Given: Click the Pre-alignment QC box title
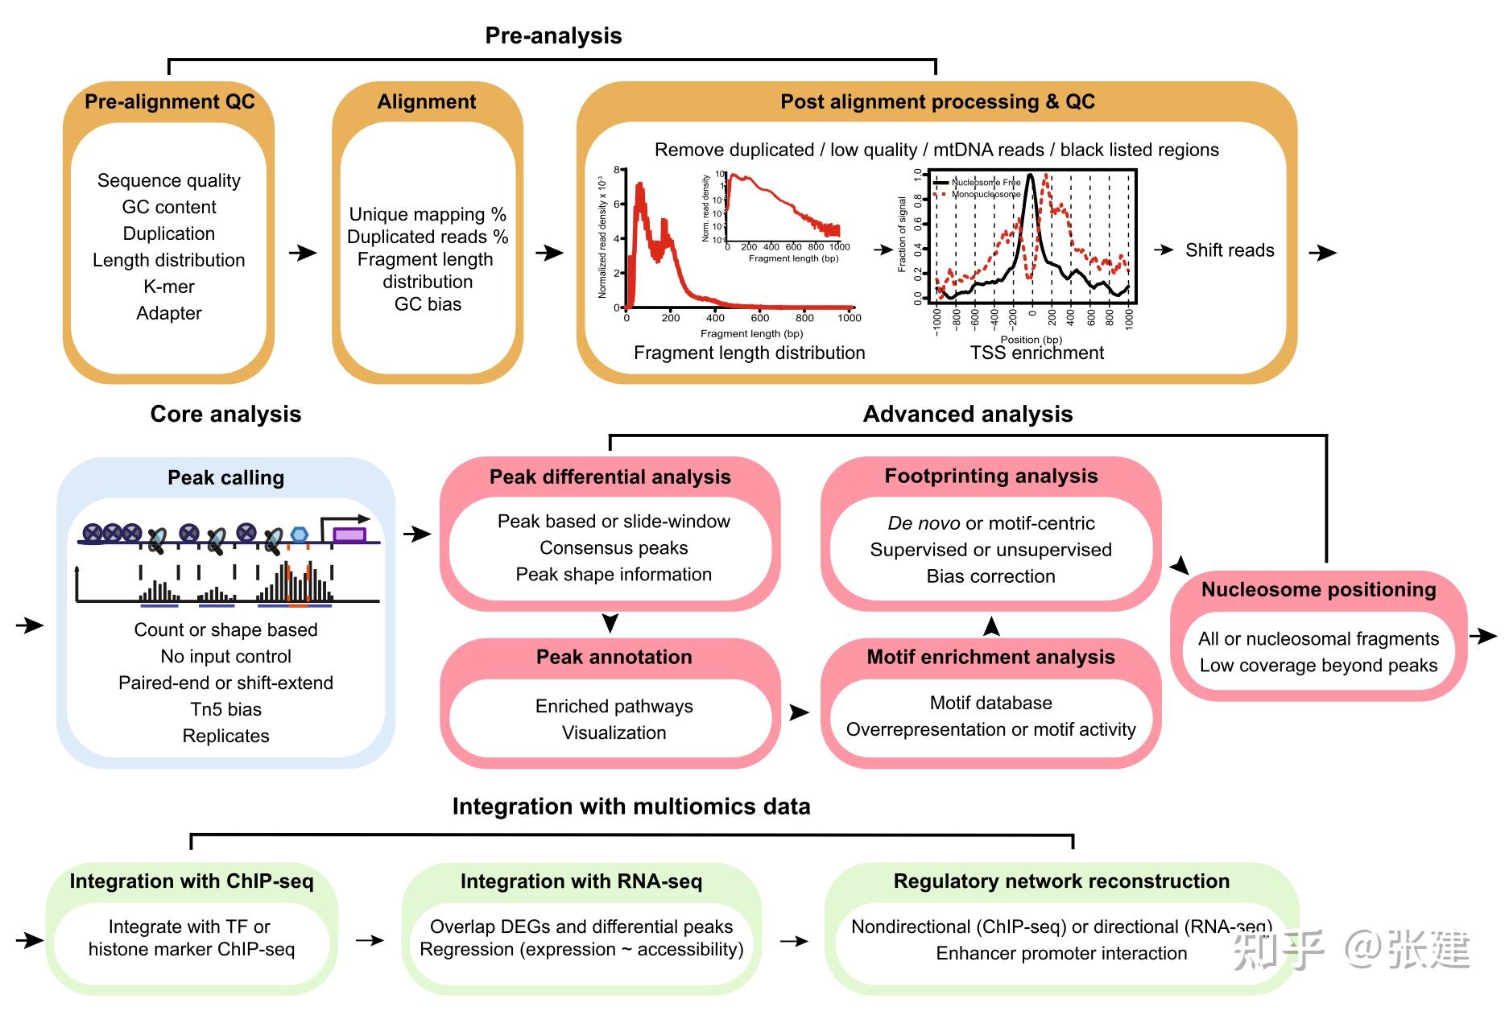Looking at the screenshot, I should tap(169, 102).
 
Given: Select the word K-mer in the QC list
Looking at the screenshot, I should tap(169, 287).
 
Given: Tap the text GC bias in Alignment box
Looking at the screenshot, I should tap(428, 304).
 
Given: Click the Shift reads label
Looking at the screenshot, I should tap(1229, 250).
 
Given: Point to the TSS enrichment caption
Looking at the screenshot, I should tap(1036, 353).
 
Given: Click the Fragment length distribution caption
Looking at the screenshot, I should tap(749, 353).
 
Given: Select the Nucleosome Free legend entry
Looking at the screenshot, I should tap(985, 183).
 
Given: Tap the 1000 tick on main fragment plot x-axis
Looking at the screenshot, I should tap(849, 318).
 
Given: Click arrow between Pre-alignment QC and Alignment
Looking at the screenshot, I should tap(303, 253).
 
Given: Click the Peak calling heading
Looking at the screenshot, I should tap(225, 478).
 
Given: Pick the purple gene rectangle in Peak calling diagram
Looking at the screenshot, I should tap(349, 534).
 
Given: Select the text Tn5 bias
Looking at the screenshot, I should tap(225, 709).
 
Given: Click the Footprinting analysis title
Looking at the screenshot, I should tap(990, 477).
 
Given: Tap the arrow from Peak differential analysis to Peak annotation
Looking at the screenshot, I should tap(610, 622).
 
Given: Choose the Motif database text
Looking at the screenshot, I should tap(990, 703).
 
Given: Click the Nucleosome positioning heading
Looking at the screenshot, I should tap(1318, 590).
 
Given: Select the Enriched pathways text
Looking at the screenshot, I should tap(614, 706).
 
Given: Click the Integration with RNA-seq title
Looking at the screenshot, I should tap(581, 881).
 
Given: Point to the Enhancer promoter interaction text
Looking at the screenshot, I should tap(1060, 953).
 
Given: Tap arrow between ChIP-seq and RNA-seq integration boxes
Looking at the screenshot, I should tap(370, 940).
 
